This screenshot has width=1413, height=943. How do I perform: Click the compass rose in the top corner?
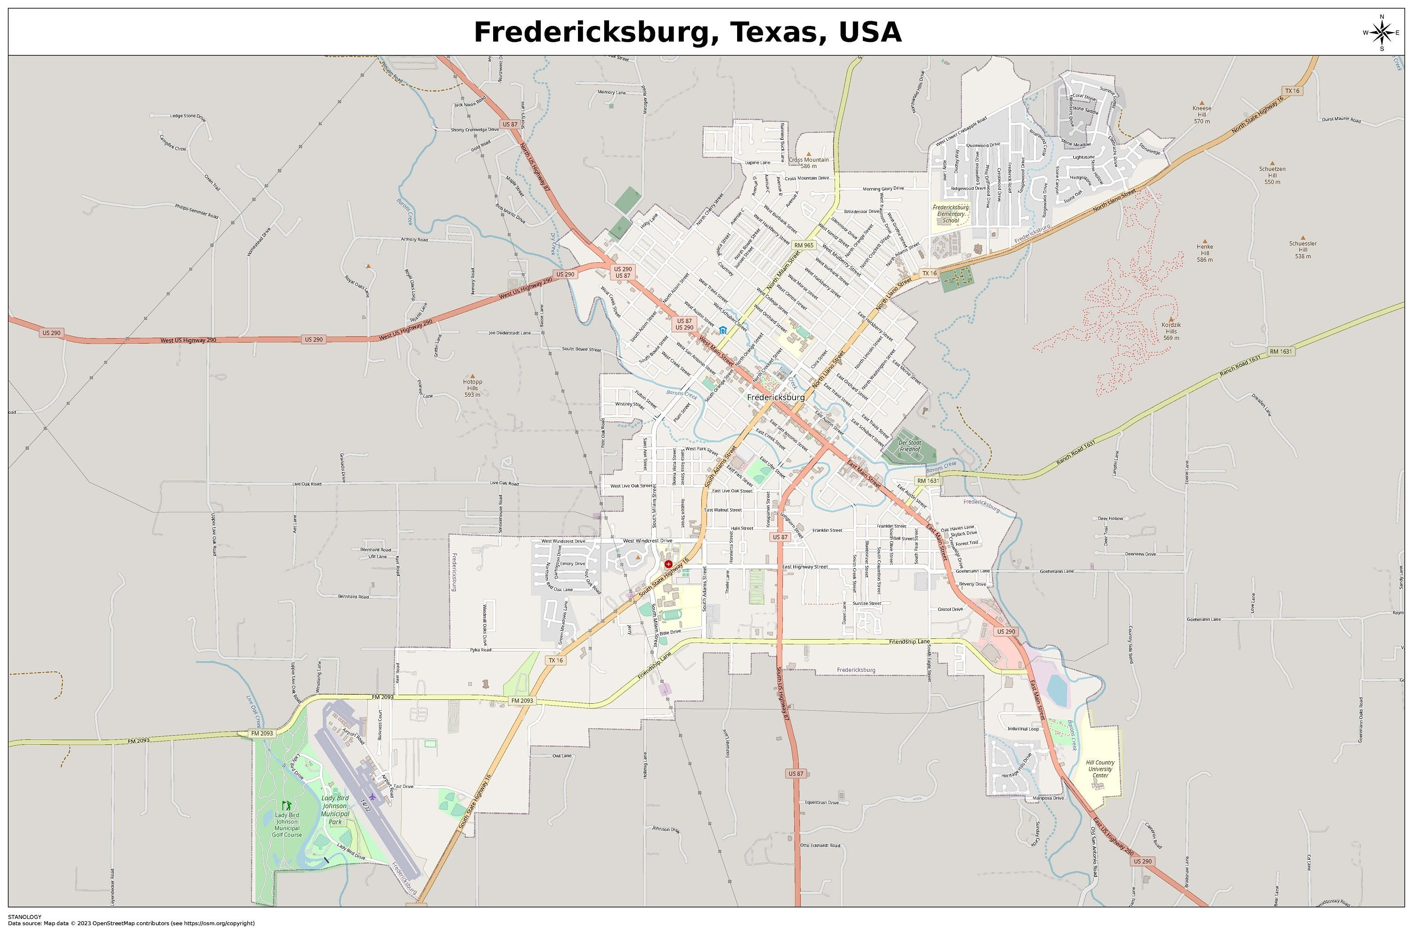click(x=1381, y=33)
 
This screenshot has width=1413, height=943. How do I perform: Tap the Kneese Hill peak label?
click(x=1202, y=114)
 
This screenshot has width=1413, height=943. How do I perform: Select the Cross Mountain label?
click(x=809, y=163)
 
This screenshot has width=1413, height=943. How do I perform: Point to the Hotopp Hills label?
click(x=472, y=388)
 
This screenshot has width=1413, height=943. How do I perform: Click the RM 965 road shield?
click(x=804, y=245)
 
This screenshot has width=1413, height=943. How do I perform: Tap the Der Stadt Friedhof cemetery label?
click(x=910, y=446)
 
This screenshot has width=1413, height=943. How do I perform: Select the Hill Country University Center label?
click(x=1100, y=769)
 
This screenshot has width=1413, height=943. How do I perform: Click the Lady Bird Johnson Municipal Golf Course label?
click(x=287, y=824)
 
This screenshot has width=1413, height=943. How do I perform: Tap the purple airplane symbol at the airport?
click(x=372, y=797)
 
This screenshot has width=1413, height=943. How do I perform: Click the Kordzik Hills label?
click(x=1171, y=331)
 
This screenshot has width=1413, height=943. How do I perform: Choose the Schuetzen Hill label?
click(x=1272, y=175)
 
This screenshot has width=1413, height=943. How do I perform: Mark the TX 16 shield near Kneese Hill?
click(x=1291, y=91)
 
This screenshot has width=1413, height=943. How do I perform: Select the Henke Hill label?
click(x=1204, y=252)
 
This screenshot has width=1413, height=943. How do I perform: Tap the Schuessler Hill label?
click(x=1302, y=250)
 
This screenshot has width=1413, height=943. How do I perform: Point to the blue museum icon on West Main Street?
click(x=723, y=330)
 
